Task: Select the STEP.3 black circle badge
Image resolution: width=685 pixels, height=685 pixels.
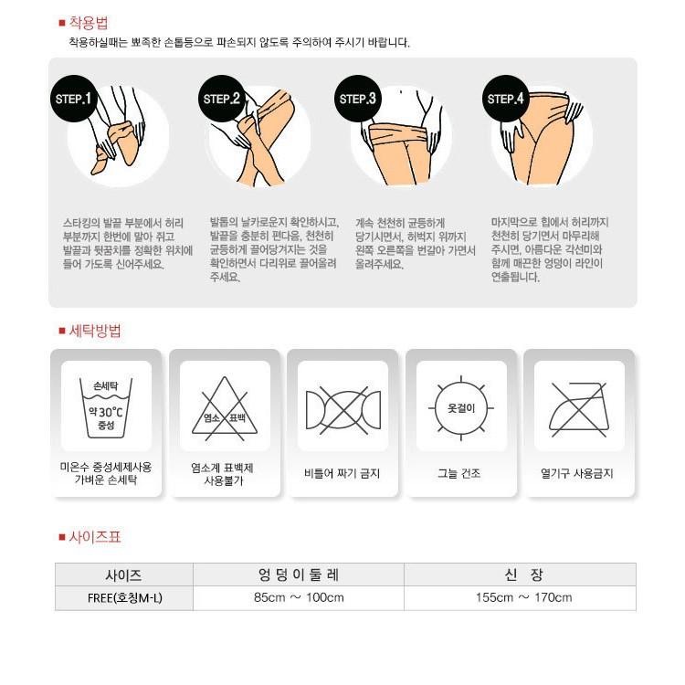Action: click(x=359, y=99)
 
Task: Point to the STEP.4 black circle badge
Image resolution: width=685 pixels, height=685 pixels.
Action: click(x=505, y=99)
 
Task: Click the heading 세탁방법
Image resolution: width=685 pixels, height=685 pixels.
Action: click(x=94, y=331)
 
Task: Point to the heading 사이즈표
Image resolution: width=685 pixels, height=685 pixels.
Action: click(x=94, y=537)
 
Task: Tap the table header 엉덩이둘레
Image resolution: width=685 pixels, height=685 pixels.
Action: click(x=298, y=575)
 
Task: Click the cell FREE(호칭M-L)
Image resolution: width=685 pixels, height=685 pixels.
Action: click(x=123, y=598)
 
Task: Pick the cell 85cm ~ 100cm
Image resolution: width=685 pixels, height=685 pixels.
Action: click(x=298, y=598)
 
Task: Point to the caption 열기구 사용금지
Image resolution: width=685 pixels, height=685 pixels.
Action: click(x=577, y=474)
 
